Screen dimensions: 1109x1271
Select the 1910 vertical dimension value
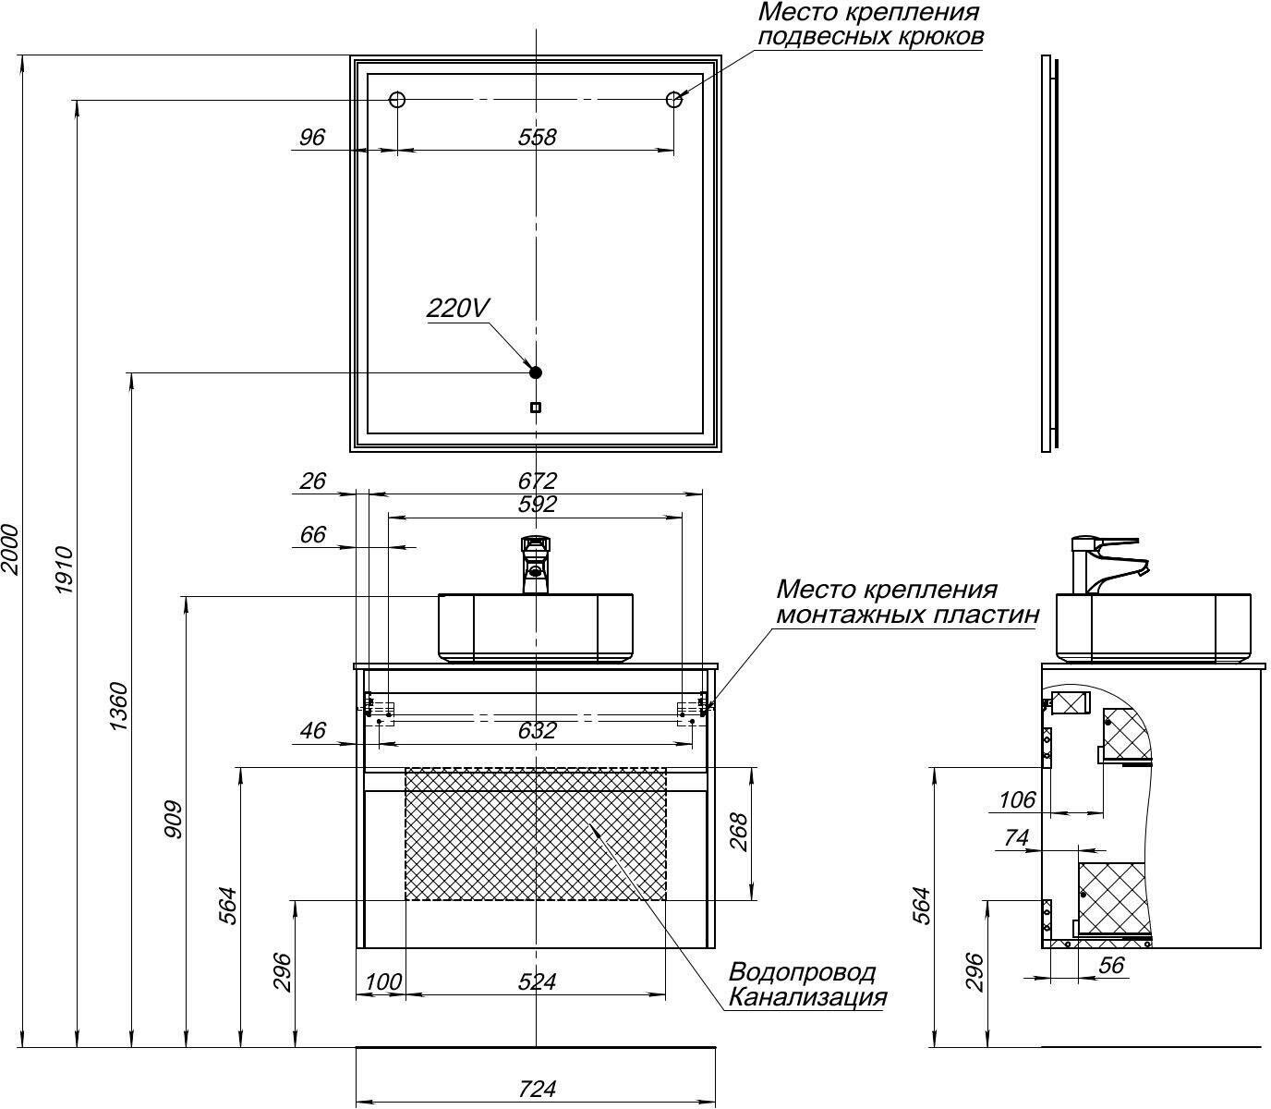tap(64, 570)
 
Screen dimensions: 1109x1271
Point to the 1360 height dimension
tap(119, 707)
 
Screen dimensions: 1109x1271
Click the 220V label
tap(457, 308)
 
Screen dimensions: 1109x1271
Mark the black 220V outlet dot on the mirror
tap(535, 372)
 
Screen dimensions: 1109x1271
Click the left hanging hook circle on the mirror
tap(397, 100)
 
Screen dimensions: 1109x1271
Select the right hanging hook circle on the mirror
tap(674, 100)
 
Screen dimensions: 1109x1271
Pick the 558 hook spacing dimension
tap(537, 138)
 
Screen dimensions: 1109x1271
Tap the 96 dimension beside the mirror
tap(312, 138)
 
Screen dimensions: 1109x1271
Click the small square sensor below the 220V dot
tap(536, 408)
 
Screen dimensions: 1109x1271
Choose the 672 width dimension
tap(537, 481)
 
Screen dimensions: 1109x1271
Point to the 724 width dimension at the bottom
tap(537, 1089)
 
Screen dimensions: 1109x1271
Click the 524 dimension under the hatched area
tap(537, 981)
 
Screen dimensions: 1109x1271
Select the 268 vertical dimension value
tap(738, 833)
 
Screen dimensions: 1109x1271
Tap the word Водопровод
tap(802, 972)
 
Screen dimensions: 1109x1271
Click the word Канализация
tap(807, 997)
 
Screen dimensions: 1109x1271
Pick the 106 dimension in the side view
tap(1018, 799)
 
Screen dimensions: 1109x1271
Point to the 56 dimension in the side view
tap(1112, 965)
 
